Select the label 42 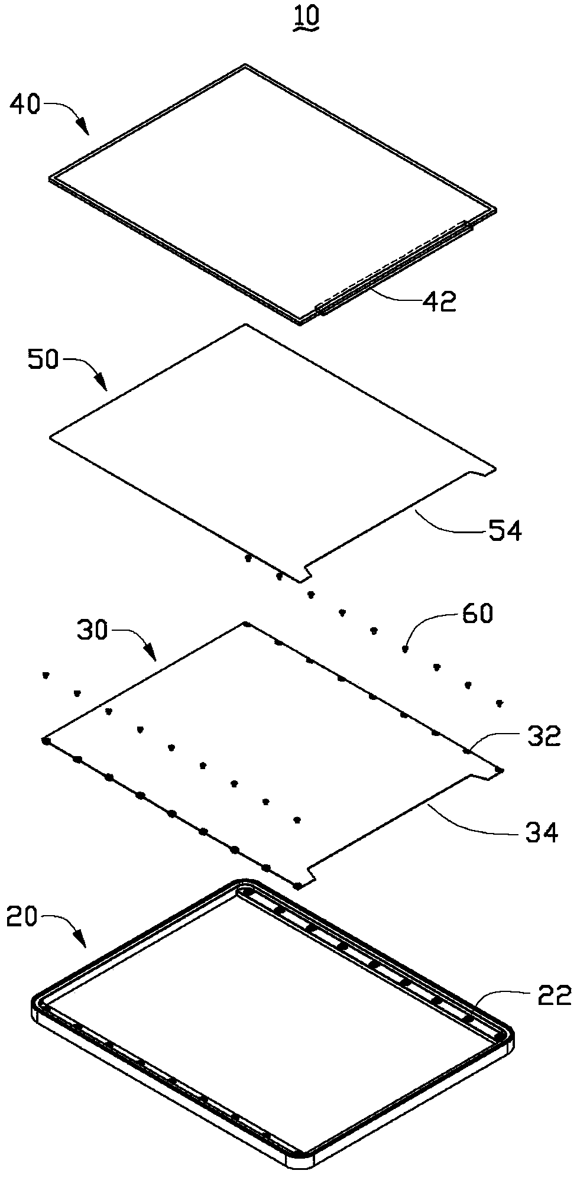pyautogui.click(x=439, y=302)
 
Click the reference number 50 pyautogui.click(x=44, y=360)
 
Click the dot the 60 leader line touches pyautogui.click(x=405, y=649)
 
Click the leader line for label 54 pyautogui.click(x=449, y=523)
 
